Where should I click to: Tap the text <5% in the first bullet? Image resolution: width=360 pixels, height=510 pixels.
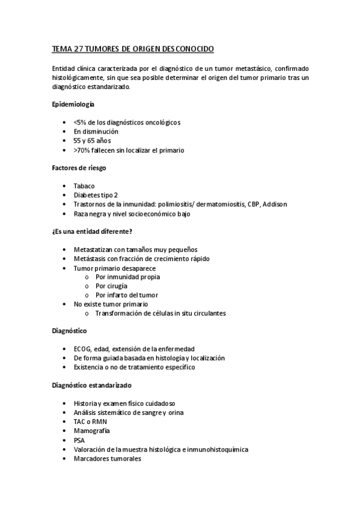[79, 122]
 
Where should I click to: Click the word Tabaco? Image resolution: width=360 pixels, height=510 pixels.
[84, 186]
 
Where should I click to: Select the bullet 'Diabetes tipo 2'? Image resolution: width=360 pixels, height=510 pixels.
[96, 195]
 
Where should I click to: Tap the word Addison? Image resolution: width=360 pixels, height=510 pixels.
[275, 204]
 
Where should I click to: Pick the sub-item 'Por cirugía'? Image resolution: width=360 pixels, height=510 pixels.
[111, 286]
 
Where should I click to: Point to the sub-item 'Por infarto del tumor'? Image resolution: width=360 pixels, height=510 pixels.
[126, 295]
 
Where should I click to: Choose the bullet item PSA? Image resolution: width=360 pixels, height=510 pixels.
[79, 440]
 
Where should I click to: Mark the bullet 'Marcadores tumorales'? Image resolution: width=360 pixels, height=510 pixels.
[107, 458]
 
